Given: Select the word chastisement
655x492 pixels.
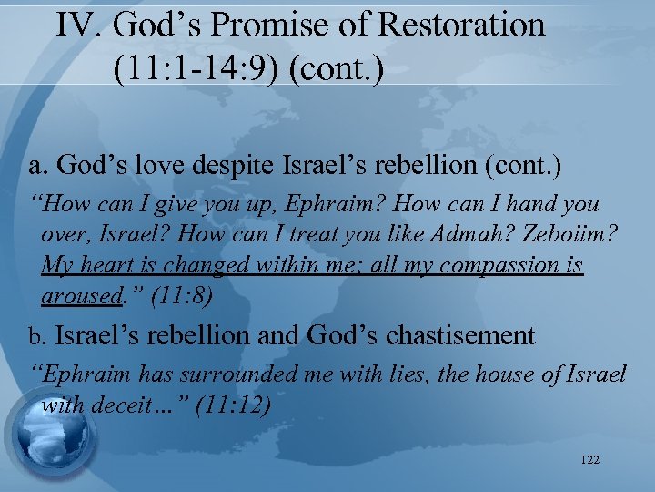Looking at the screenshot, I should [x=459, y=335].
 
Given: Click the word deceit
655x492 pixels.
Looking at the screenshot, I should [x=127, y=405].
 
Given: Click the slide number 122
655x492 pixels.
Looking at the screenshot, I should [x=589, y=460].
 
